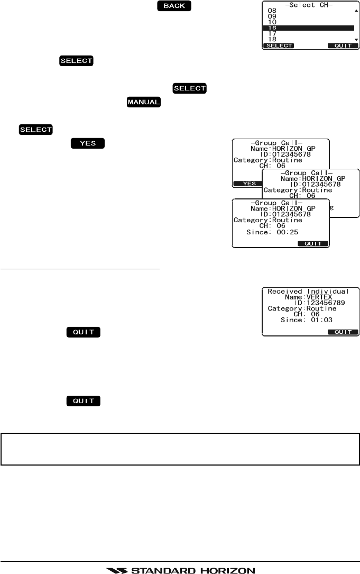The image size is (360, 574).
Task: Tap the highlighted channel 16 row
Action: tap(309, 28)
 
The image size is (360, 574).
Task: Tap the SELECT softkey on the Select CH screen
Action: tap(279, 46)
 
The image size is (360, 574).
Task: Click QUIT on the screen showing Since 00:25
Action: tap(313, 244)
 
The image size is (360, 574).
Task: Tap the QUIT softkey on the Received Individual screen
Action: tap(343, 332)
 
